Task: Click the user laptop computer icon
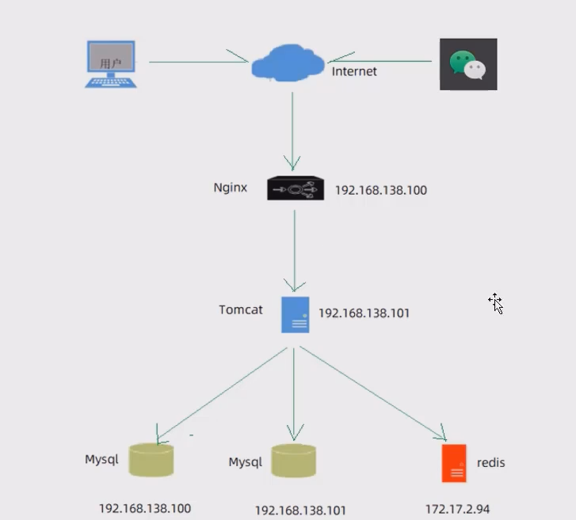coord(110,63)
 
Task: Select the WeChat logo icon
coord(468,64)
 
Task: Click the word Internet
coord(354,71)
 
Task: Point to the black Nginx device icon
coord(296,188)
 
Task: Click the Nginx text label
coord(231,188)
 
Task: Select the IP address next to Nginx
coord(380,190)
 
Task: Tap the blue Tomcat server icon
coord(295,314)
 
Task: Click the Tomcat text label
coord(241,309)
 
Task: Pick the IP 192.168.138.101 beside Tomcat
coord(364,313)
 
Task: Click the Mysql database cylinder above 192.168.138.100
coord(151,460)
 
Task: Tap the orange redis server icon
coord(454,463)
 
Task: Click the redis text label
coord(490,462)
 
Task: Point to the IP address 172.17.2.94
coord(463,508)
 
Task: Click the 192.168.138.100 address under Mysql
coord(145,508)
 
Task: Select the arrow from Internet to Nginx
coord(292,131)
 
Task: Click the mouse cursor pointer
coord(496,304)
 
